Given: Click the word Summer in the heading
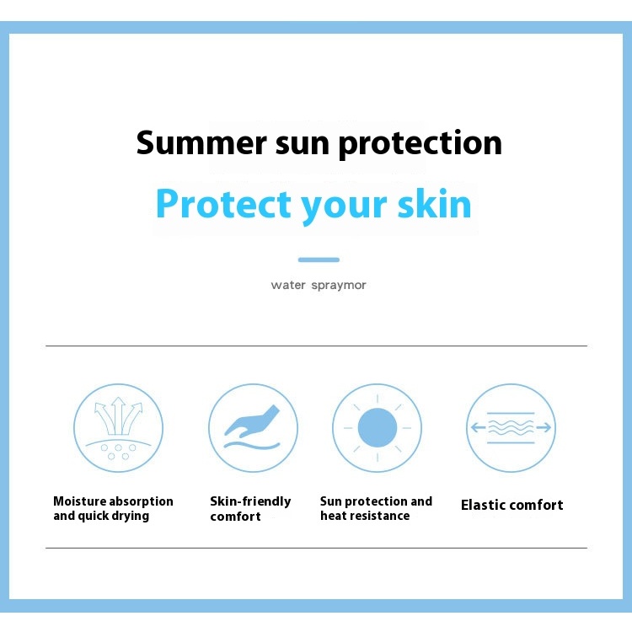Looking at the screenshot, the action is pyautogui.click(x=201, y=142).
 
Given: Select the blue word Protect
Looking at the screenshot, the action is pyautogui.click(x=223, y=204).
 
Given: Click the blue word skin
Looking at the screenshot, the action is pyautogui.click(x=435, y=204).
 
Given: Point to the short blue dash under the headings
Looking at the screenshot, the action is pyautogui.click(x=319, y=260).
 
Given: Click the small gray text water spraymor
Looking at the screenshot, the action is pyautogui.click(x=319, y=285).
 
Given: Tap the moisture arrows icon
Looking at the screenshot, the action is pyautogui.click(x=119, y=428).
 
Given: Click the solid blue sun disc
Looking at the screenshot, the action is pyautogui.click(x=378, y=427).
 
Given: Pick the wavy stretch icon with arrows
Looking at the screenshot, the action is pyautogui.click(x=511, y=427).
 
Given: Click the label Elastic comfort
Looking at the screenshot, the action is pyautogui.click(x=511, y=505).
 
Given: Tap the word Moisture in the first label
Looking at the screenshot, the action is pyautogui.click(x=79, y=501).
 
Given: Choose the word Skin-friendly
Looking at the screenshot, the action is pyautogui.click(x=250, y=502).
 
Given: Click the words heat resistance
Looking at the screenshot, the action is pyautogui.click(x=365, y=516).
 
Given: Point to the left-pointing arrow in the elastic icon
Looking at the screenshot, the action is pyautogui.click(x=479, y=427).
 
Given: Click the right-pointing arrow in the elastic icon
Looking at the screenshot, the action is pyautogui.click(x=544, y=427).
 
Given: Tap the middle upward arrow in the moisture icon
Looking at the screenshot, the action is pyautogui.click(x=118, y=415).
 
